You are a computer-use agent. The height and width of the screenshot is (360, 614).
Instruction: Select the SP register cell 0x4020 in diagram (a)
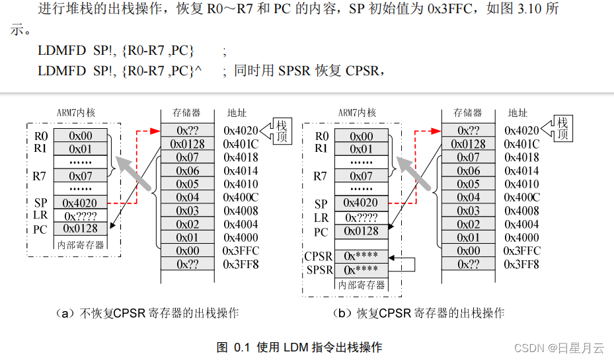(81, 203)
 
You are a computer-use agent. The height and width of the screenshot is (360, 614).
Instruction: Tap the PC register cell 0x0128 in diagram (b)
(362, 231)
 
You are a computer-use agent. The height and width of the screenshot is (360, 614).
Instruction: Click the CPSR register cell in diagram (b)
(362, 256)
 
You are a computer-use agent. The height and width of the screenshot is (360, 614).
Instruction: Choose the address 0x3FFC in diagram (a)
(241, 251)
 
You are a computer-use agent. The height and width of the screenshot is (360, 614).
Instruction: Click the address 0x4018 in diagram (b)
(522, 157)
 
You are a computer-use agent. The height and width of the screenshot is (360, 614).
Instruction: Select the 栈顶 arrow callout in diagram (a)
(278, 130)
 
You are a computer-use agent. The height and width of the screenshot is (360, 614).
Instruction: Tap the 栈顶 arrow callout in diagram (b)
(559, 129)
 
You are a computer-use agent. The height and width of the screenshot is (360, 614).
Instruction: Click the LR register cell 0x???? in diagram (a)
(81, 216)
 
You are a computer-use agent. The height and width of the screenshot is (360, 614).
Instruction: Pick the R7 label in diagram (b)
(320, 176)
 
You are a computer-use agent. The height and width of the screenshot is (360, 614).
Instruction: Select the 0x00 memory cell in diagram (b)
(469, 251)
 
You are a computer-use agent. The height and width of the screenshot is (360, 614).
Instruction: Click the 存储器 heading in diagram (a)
(186, 114)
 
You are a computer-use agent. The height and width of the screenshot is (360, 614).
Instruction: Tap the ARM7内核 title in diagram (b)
(357, 113)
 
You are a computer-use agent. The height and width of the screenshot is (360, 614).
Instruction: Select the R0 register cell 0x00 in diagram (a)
(81, 136)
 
